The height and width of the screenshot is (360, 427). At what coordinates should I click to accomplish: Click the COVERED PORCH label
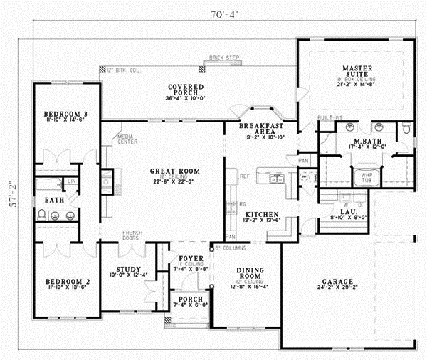(186, 90)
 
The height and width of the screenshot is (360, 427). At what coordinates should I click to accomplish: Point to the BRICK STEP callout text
(224, 59)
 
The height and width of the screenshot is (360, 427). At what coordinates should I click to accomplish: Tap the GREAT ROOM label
(174, 171)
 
